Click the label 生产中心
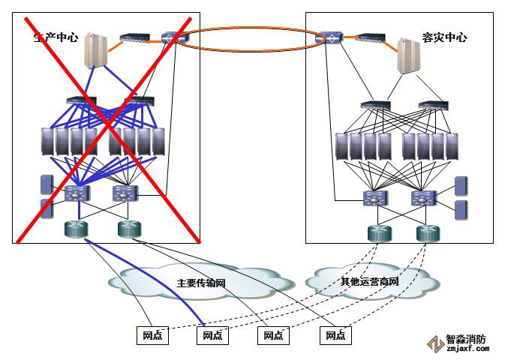coord(56,37)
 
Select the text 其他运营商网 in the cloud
coord(370,282)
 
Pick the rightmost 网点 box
coord(335,336)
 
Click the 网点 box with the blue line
coord(212,336)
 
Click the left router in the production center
coord(74,229)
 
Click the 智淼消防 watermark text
coord(467,339)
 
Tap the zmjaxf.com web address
coord(467,349)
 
